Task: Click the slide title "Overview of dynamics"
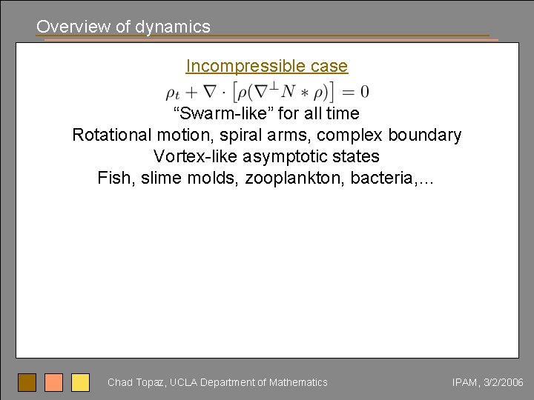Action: point(123,27)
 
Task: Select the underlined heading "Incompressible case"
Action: point(266,66)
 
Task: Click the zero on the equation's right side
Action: point(363,93)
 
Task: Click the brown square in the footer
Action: point(27,382)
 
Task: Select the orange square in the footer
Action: point(53,382)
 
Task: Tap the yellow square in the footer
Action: point(80,382)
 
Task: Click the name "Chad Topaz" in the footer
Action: point(136,382)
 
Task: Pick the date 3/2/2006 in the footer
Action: point(503,382)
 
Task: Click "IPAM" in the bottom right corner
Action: point(464,382)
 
